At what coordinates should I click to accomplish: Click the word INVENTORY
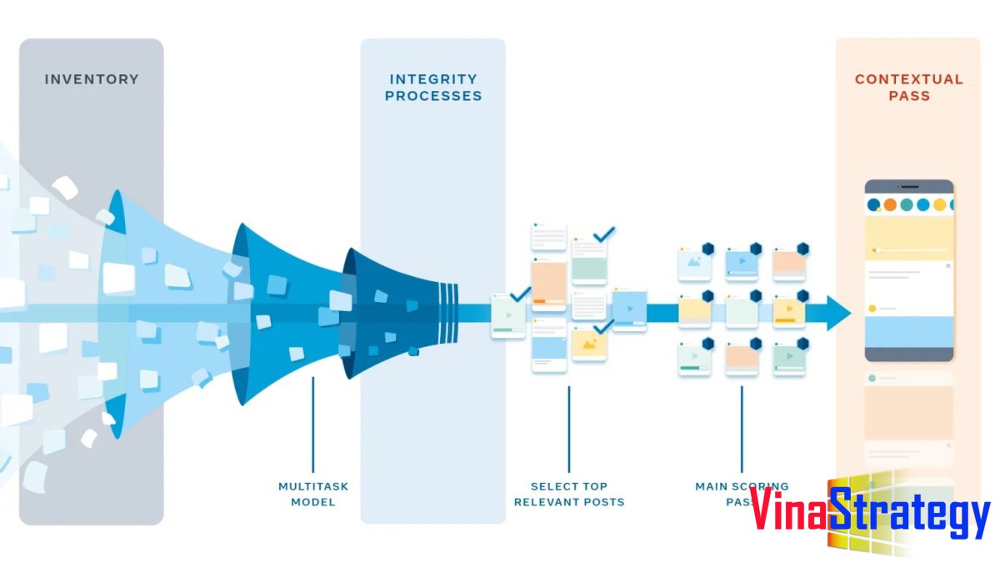(92, 80)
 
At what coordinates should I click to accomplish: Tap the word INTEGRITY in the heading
(432, 80)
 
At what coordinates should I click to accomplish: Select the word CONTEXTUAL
(908, 80)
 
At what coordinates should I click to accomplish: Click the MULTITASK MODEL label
(313, 494)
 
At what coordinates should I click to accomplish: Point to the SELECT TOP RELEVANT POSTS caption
(569, 494)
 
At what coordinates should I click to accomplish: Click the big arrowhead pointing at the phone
(837, 313)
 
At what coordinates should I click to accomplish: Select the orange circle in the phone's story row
(890, 204)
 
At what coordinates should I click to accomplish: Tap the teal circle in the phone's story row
(907, 204)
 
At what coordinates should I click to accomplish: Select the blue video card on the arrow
(629, 309)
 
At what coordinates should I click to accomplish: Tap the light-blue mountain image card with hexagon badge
(694, 264)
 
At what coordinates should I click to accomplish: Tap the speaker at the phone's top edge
(908, 185)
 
